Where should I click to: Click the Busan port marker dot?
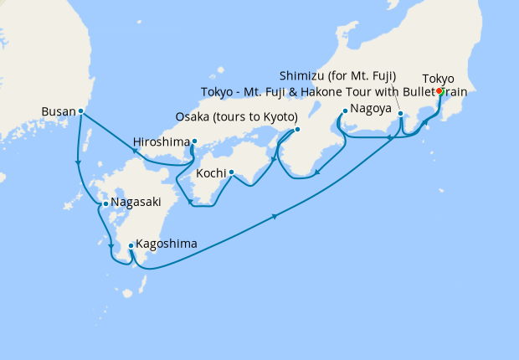tap(80, 111)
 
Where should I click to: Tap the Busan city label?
tap(59, 111)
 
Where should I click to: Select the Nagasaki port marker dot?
tap(105, 203)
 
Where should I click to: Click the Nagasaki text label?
tap(134, 203)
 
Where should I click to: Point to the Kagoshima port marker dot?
tap(131, 245)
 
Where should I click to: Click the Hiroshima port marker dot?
tap(194, 141)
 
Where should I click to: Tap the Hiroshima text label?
tap(162, 141)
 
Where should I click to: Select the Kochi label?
tap(211, 173)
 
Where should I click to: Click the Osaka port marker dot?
tap(296, 130)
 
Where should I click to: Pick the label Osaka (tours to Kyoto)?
tap(237, 116)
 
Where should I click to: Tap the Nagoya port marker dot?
tap(345, 110)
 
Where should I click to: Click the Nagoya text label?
tap(371, 109)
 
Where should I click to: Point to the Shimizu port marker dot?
tap(401, 114)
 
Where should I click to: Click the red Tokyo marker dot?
tap(439, 93)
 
